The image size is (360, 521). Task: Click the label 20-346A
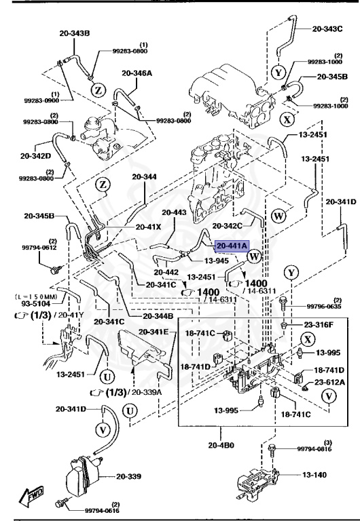tap(137, 73)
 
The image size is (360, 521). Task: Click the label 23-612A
tap(329, 383)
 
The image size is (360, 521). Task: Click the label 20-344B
tap(158, 316)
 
